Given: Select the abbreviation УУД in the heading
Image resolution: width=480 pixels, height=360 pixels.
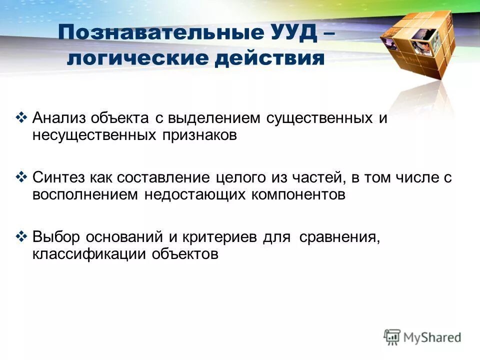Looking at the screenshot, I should (292, 34).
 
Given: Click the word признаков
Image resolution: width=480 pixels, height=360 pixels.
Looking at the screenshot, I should (198, 135).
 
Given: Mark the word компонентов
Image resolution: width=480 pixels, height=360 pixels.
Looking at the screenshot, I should (294, 194).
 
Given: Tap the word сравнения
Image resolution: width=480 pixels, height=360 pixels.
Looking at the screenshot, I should (340, 236).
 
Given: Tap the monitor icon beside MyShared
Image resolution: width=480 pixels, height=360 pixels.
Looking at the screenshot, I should (392, 336).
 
